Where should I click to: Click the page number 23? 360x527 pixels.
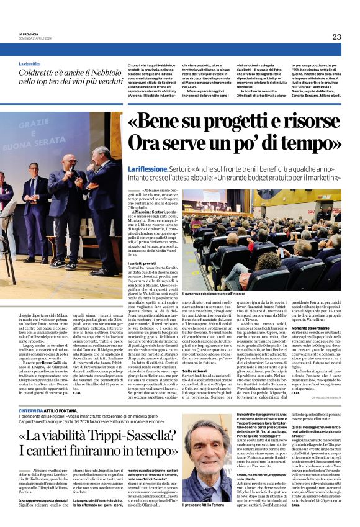[336, 37]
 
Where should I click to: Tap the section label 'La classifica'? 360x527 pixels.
[32, 64]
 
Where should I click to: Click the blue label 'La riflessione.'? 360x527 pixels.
[147, 169]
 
